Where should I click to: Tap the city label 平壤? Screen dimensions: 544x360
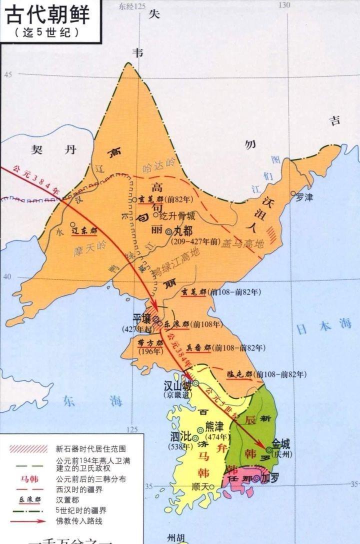coord(141,318)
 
